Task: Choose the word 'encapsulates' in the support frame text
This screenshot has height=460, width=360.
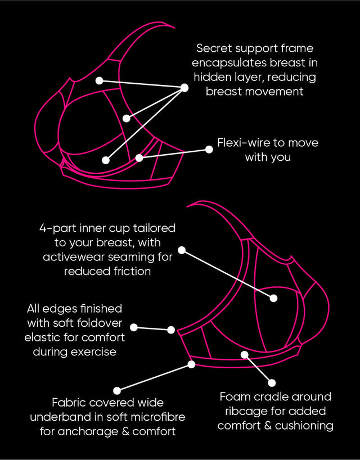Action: point(236,62)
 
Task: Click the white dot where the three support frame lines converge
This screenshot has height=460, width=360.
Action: point(184,88)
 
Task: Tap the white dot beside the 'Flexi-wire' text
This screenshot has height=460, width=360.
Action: point(207,150)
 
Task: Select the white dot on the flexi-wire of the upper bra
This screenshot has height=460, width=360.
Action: point(139,158)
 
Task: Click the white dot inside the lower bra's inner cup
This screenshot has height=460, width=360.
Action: point(273,298)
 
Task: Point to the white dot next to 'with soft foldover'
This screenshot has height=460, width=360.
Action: point(134,327)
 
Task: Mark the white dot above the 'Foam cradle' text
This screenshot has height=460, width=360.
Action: point(273,382)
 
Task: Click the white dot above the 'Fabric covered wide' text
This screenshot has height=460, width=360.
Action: point(117,390)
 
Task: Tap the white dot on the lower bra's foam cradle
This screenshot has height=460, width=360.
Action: point(245,354)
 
